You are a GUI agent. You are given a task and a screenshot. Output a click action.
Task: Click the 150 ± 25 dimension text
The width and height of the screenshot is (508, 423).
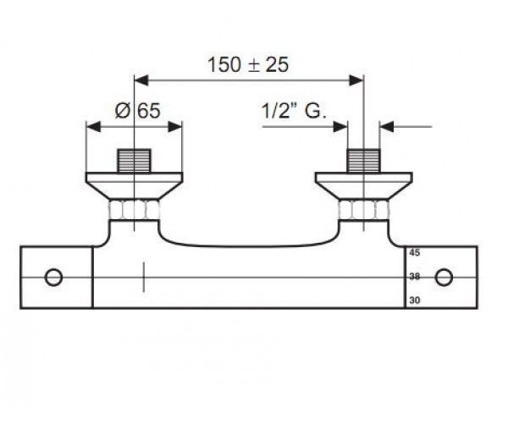click(x=248, y=64)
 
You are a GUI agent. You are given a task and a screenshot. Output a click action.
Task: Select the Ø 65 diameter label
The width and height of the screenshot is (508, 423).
click(x=138, y=111)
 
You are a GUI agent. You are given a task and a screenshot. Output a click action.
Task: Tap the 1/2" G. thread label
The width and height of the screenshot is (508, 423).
click(x=294, y=111)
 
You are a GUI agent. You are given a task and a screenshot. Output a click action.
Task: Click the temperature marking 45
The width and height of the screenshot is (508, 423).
click(x=415, y=253)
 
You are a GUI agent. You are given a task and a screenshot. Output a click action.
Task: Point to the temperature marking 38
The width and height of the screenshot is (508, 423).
click(x=415, y=277)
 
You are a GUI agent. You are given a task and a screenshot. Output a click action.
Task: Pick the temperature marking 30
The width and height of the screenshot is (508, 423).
click(x=415, y=300)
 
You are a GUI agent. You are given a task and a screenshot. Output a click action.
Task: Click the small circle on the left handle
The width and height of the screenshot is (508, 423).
click(x=53, y=277)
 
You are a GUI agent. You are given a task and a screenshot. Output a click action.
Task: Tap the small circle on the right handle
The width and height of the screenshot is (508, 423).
click(x=444, y=277)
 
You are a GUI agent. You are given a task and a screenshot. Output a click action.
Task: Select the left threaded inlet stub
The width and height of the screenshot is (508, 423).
click(x=134, y=161)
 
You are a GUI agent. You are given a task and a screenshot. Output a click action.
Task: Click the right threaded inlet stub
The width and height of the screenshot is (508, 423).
click(x=363, y=161)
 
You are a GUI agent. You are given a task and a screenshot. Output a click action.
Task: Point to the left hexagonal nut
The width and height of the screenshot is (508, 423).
click(x=134, y=210)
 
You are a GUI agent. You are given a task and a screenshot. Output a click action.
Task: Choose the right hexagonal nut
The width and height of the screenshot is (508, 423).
click(x=363, y=210)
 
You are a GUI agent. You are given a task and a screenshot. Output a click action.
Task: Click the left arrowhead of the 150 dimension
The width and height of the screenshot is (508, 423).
click(x=141, y=80)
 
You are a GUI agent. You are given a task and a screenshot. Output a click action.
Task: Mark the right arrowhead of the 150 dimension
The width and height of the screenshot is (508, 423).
click(x=356, y=80)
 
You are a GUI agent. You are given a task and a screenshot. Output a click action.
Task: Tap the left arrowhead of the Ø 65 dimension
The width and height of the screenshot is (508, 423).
click(x=94, y=127)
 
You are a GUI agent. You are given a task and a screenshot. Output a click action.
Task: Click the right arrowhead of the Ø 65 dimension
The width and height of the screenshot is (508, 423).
click(x=175, y=127)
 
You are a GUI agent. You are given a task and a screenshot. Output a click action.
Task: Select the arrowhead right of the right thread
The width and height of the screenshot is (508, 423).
click(x=387, y=127)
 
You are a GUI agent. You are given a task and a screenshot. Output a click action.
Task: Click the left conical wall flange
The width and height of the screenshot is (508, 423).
click(x=134, y=186)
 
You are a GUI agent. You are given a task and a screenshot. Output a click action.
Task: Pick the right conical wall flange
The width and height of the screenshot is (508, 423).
click(x=363, y=186)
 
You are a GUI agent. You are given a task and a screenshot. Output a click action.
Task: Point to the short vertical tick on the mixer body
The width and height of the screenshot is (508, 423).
click(x=144, y=277)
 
